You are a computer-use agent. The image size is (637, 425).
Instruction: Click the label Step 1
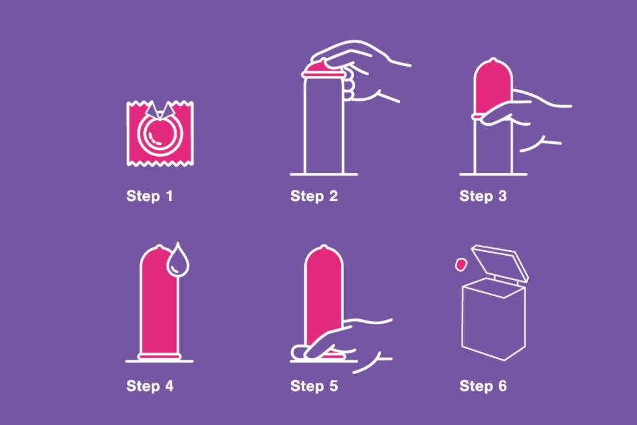click(149, 197)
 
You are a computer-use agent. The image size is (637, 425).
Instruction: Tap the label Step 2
click(314, 197)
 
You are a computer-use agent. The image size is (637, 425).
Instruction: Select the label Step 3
click(483, 197)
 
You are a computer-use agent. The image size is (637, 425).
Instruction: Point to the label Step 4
click(149, 386)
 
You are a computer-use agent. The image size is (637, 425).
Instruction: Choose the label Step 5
click(314, 386)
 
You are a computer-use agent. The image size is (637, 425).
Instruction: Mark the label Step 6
click(483, 386)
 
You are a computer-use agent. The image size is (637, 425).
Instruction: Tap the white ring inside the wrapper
click(159, 134)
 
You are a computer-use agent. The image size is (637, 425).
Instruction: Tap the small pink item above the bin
click(460, 265)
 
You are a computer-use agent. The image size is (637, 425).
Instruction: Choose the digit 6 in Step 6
click(501, 386)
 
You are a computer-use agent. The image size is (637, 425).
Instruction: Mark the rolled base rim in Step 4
click(159, 356)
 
